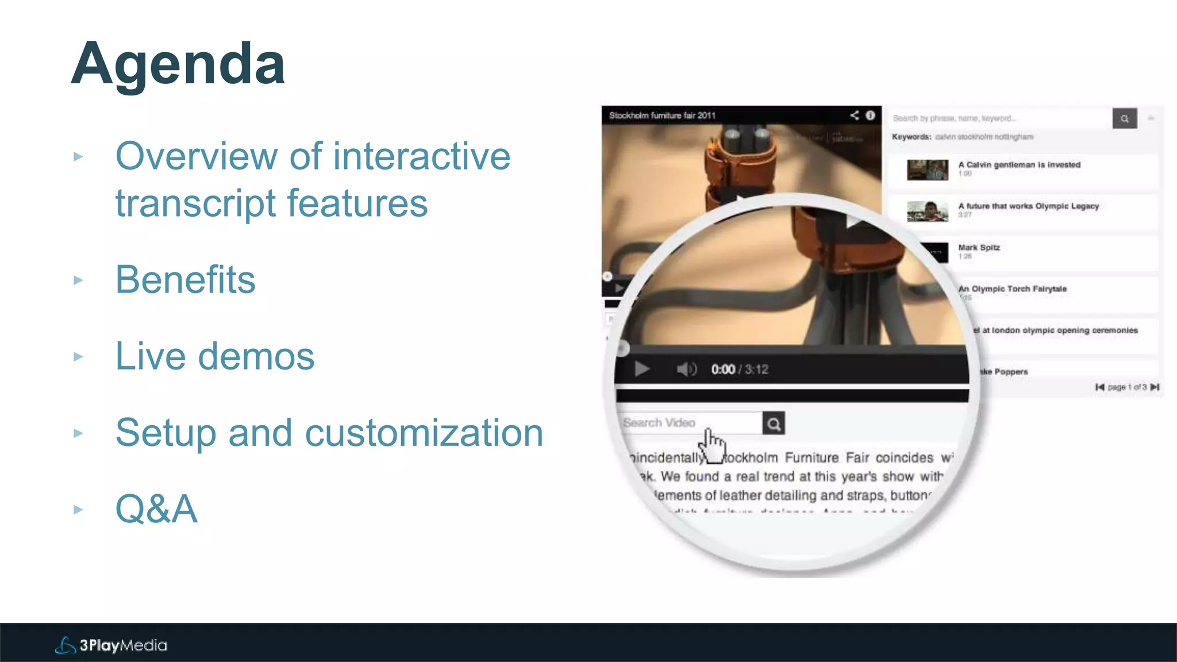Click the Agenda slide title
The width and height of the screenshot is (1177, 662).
coord(178,64)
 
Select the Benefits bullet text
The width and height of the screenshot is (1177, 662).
coord(185,280)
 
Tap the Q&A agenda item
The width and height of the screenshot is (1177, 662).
coord(156,509)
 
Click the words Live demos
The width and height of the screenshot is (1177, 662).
coord(215,356)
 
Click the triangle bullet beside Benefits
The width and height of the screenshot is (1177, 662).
coord(79,280)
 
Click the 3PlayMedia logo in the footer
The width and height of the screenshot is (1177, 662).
coord(111,645)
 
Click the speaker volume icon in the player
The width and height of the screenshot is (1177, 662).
coord(686,369)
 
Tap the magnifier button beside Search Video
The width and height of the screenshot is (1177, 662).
coord(774,424)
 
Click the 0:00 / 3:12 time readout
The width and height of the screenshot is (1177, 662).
coord(740,370)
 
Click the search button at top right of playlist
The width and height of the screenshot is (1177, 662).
coord(1124,118)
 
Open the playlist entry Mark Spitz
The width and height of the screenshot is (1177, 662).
coord(979,248)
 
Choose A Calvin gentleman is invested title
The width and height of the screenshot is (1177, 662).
coord(1019,165)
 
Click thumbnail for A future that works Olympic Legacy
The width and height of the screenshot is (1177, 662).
coord(927,211)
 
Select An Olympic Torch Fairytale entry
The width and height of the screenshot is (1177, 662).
coord(1013,289)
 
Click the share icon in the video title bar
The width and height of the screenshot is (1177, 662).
coord(855,116)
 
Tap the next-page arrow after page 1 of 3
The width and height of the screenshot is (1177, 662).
coord(1155,387)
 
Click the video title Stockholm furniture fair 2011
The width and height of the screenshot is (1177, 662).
coord(662,116)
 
